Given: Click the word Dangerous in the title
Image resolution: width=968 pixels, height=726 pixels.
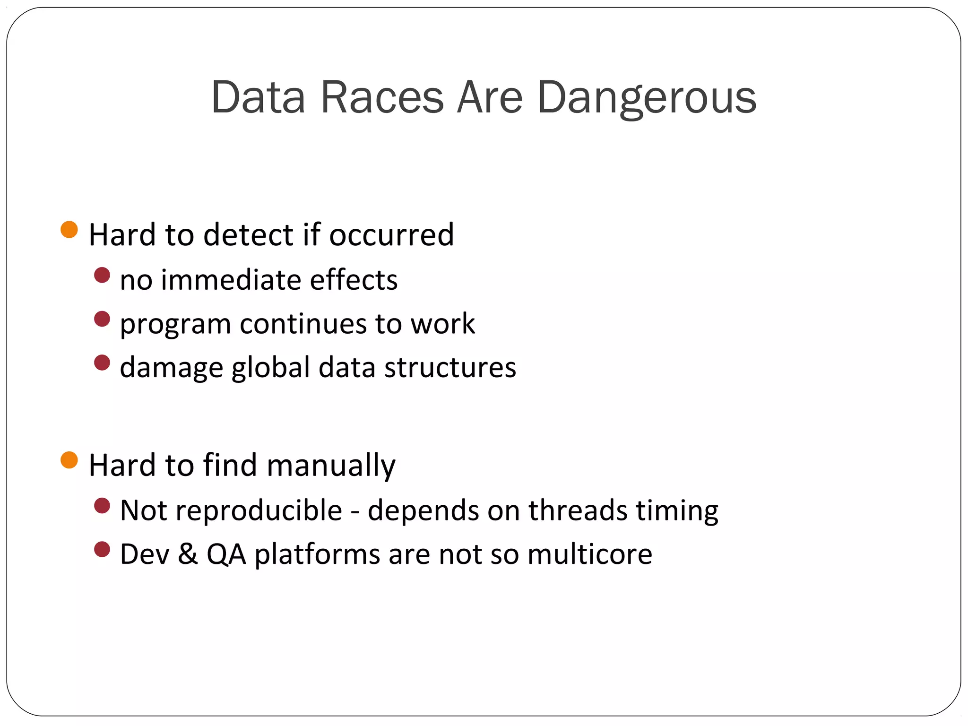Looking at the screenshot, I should (x=647, y=98).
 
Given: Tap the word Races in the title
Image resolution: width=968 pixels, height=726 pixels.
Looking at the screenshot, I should (x=382, y=98).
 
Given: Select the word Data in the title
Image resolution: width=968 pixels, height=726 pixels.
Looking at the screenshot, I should (x=258, y=98).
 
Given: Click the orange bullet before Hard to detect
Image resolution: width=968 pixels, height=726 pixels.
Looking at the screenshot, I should (x=69, y=230).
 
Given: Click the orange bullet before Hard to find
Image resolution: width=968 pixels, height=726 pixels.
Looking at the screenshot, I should (x=69, y=460).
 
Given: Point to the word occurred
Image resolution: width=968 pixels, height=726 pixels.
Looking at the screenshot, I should (x=391, y=234).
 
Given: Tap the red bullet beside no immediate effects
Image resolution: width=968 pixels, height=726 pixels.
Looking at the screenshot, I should (x=102, y=275).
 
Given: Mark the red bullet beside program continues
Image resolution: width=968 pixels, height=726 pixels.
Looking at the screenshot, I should (x=102, y=319).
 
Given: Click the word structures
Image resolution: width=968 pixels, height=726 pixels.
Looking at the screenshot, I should (x=450, y=367).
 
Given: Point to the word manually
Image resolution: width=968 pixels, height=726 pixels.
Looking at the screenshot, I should (x=331, y=466).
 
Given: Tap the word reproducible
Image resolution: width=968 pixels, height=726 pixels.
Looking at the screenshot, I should (x=259, y=511).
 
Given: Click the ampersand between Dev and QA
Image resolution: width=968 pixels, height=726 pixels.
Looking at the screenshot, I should (x=188, y=554).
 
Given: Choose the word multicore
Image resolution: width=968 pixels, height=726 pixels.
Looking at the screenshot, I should (x=590, y=554).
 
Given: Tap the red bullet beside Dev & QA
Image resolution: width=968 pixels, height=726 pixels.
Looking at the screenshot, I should (x=102, y=549).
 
